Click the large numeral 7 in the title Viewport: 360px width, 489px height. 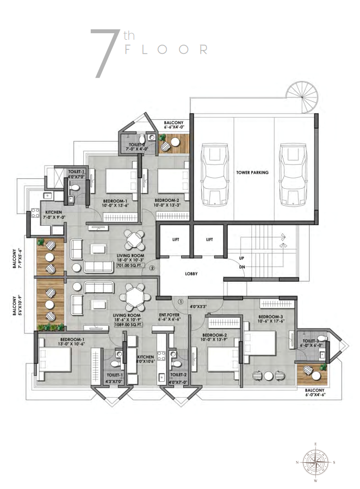click(105, 53)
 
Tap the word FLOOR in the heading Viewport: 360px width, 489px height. click(166, 49)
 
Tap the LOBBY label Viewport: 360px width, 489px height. click(191, 274)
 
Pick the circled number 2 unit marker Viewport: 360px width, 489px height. click(152, 268)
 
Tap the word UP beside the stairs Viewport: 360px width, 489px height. click(242, 258)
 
